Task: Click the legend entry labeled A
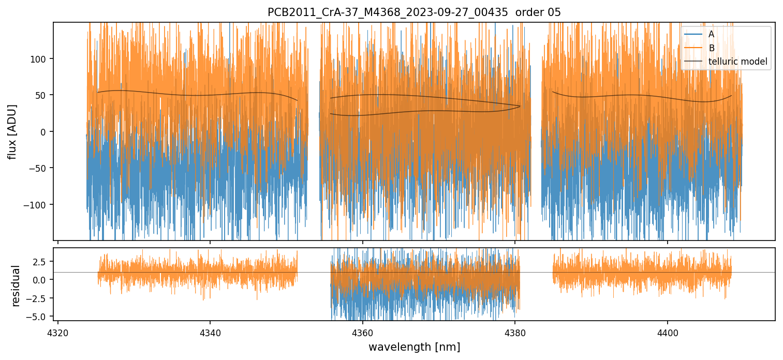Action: click(x=711, y=34)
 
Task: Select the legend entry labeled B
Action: click(x=711, y=48)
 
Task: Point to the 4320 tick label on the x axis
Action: click(x=57, y=331)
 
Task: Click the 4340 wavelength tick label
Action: click(x=210, y=331)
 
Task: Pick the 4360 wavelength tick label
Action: click(x=362, y=331)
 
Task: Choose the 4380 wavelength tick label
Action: click(x=515, y=331)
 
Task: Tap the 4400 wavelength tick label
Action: click(x=667, y=331)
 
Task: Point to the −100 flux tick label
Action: click(x=37, y=205)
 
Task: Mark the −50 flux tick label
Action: click(x=39, y=168)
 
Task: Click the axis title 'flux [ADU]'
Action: click(x=12, y=131)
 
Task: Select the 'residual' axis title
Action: click(x=16, y=286)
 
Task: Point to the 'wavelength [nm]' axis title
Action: click(x=414, y=347)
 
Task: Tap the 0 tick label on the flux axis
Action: click(x=44, y=132)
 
